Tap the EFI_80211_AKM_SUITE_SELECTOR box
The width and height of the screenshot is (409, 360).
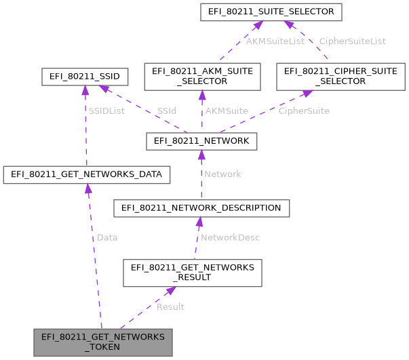[x=202, y=76]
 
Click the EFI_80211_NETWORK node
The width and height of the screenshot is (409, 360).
[x=201, y=141]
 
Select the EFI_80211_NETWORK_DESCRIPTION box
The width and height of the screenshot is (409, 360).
[x=201, y=207]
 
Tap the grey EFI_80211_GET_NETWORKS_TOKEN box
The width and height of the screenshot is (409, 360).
[x=103, y=342]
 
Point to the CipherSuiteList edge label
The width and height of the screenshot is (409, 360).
[x=352, y=41]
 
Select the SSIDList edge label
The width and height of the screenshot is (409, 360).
[x=107, y=110]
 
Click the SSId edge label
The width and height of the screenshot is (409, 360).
[x=167, y=110]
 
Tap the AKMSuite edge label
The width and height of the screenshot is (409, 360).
[x=226, y=110]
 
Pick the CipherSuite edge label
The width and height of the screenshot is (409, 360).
[x=304, y=110]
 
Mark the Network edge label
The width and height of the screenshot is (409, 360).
[x=222, y=174]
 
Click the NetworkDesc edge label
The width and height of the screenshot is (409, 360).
[x=230, y=238]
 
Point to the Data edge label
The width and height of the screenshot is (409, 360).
[x=107, y=238]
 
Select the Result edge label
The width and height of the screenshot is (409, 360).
[x=170, y=307]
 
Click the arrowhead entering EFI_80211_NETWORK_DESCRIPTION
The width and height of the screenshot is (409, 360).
[x=198, y=222]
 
